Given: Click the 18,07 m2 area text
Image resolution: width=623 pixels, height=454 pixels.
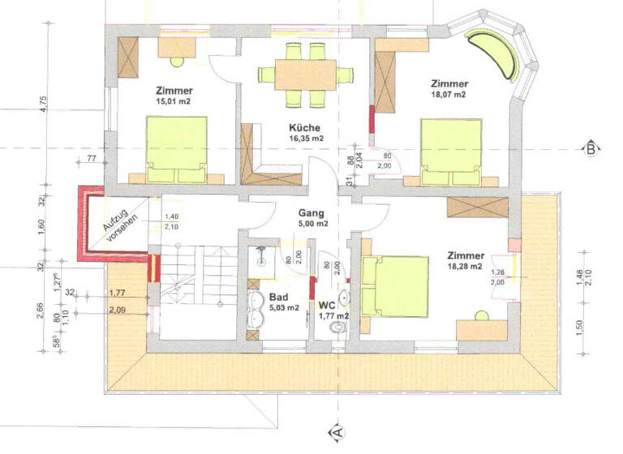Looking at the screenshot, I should (449, 95).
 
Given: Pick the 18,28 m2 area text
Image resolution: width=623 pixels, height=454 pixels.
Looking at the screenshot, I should (465, 266).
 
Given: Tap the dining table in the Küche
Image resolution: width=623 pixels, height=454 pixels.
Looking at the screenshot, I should (305, 75).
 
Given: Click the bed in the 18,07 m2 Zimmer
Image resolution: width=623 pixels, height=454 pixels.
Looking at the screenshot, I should (452, 152).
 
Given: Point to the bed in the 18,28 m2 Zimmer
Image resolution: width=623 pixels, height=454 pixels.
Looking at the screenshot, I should (396, 286).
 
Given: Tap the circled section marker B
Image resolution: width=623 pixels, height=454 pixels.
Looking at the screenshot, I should (591, 148).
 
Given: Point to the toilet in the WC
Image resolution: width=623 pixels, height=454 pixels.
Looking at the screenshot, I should (338, 328).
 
